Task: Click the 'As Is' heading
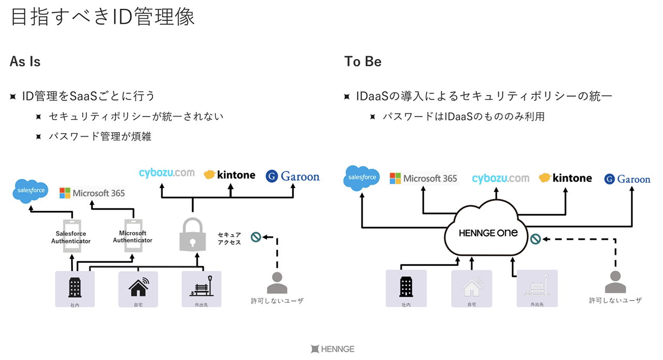click(25, 62)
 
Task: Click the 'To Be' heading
click(363, 62)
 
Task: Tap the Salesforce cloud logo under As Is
click(31, 191)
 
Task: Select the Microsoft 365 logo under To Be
click(423, 179)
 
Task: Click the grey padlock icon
click(193, 235)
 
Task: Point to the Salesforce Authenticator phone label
click(71, 237)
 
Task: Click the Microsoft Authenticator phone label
click(133, 237)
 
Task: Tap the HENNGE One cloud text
click(488, 233)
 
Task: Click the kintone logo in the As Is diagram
click(229, 175)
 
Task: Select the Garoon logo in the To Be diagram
click(627, 179)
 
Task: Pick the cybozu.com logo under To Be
click(500, 179)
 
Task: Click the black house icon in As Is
click(138, 286)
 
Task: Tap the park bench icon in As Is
click(201, 286)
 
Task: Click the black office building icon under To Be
click(406, 286)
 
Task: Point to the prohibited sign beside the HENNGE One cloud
click(535, 239)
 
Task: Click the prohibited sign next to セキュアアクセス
click(256, 237)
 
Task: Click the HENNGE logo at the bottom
click(333, 349)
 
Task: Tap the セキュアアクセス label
click(229, 239)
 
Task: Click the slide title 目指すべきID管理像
click(103, 17)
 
